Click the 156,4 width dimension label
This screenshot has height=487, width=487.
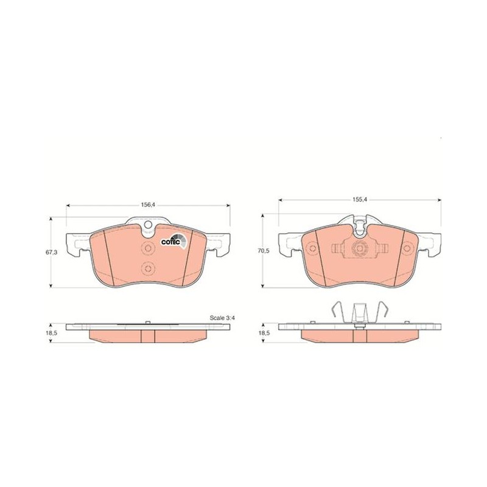(x=148, y=205)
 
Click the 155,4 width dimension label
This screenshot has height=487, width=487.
(x=360, y=200)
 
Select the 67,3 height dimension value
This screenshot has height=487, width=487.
(x=52, y=252)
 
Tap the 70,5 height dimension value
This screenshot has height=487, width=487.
(x=264, y=251)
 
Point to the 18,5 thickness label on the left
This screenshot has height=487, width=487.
(x=52, y=332)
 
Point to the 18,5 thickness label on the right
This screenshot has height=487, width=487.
(x=264, y=332)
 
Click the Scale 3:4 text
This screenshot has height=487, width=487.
(x=222, y=318)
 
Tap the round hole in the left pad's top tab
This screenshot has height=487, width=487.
(x=148, y=225)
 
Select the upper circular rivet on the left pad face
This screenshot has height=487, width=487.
(x=148, y=248)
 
